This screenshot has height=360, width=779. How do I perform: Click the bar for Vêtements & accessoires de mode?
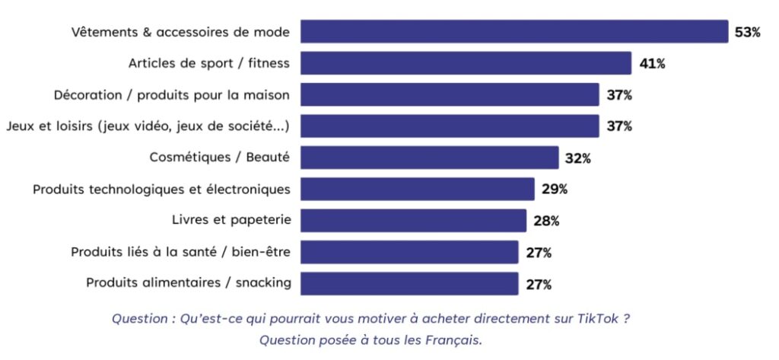coord(514,32)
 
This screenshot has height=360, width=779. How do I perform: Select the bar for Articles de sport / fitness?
coord(466,63)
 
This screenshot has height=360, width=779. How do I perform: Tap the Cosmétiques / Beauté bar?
coord(429,158)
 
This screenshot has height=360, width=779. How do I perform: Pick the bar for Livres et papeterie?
coord(413,221)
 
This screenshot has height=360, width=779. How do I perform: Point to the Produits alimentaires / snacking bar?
coord(409,283)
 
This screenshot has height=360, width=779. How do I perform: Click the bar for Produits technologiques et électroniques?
coord(417,189)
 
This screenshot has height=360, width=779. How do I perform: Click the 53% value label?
coord(747,33)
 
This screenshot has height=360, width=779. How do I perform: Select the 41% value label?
coord(652,64)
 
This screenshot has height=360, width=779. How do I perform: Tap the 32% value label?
coord(577,158)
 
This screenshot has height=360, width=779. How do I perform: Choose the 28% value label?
coord(545,221)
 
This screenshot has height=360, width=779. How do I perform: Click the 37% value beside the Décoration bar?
coord(618,95)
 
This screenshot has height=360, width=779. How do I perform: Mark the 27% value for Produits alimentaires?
coord(538,285)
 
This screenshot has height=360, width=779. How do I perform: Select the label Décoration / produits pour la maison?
coord(172,94)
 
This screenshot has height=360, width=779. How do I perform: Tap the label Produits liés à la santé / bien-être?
coord(180,251)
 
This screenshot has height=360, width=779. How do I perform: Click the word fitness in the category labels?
coord(270,63)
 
